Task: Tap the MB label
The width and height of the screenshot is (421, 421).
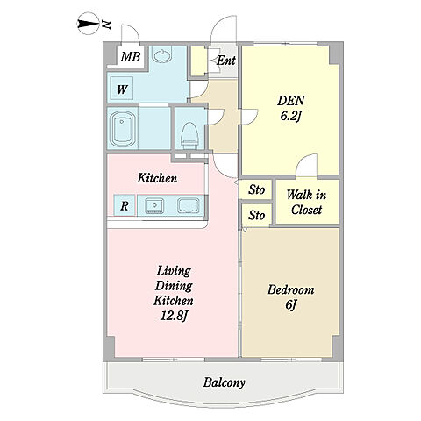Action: (131, 57)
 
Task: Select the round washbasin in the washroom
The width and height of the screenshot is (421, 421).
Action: (162, 55)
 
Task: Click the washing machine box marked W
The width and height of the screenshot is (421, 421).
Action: (122, 88)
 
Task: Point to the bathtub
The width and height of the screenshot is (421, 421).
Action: (123, 129)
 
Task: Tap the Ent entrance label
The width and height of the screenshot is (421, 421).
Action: (225, 61)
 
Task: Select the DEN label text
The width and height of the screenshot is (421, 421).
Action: (290, 101)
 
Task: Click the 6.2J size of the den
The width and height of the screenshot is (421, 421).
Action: (290, 117)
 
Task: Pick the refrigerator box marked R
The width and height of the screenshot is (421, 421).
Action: (125, 205)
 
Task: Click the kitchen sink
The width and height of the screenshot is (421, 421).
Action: (154, 205)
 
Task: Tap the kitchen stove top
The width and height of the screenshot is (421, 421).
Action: (189, 205)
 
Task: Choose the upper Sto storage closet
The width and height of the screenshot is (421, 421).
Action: (256, 189)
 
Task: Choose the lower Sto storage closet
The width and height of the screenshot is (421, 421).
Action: (256, 216)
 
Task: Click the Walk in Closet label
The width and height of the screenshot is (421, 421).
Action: (306, 202)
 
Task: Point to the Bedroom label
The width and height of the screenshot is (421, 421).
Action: (290, 289)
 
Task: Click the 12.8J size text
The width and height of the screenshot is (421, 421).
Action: (174, 316)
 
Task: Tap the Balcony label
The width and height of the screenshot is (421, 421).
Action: (224, 382)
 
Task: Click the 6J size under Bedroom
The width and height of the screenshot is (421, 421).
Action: (290, 305)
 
